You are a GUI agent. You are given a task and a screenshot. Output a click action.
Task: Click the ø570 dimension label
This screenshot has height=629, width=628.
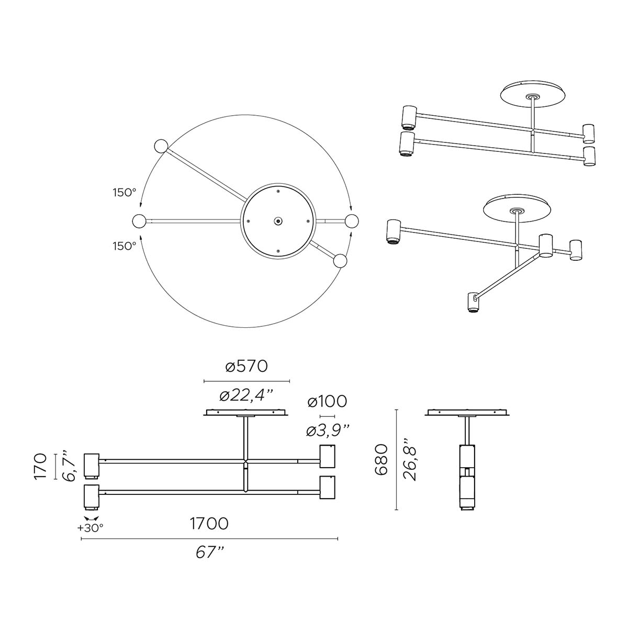[246, 366]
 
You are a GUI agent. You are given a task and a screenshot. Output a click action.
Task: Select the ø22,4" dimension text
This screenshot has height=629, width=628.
[246, 395]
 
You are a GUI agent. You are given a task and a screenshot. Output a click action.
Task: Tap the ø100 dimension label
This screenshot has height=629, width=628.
[327, 402]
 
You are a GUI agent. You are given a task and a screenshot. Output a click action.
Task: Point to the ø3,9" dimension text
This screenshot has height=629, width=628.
[328, 431]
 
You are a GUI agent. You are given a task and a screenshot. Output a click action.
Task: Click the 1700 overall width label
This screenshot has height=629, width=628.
[209, 523]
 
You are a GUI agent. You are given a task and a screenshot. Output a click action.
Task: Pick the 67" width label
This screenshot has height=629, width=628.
[209, 552]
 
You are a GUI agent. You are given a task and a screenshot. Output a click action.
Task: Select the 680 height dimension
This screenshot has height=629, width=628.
[380, 459]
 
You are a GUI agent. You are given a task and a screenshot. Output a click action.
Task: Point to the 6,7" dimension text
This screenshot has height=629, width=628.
[69, 465]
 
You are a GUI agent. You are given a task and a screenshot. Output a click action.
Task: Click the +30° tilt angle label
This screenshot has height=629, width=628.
[91, 528]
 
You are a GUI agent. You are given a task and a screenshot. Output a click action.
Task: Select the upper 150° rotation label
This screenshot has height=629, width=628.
[124, 192]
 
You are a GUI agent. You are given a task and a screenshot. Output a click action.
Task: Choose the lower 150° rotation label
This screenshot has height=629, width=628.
[124, 246]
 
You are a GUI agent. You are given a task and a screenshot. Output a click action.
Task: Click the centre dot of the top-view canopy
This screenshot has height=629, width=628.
[277, 221]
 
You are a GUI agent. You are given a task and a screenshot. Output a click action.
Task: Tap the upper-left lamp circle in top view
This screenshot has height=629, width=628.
[160, 147]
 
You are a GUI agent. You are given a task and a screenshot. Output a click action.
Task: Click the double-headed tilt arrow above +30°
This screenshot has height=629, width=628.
[91, 517]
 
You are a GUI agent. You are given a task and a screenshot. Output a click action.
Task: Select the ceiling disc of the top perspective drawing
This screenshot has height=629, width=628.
[534, 95]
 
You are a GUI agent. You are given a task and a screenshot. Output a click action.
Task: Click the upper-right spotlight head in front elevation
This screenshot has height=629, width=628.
[328, 456]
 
